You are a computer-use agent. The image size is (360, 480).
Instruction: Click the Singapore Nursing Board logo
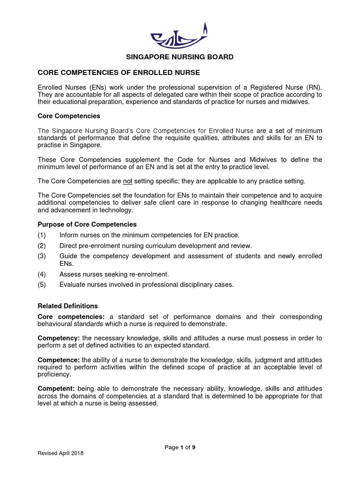pos(179,35)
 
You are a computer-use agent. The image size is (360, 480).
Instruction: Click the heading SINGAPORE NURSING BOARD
pos(180,57)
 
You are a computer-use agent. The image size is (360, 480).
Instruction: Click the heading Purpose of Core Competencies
pos(87,225)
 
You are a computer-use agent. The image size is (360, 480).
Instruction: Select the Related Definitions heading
pos(67,306)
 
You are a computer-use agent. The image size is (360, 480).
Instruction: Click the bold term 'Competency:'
pos(59,338)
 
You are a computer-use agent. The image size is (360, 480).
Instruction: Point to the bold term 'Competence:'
pos(59,360)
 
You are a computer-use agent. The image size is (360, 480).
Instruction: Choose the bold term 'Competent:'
pos(56,389)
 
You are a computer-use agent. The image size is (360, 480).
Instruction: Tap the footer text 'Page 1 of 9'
pos(180,448)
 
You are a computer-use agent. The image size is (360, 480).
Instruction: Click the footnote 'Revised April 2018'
pos(60,454)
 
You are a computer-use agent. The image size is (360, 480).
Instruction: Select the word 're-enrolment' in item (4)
pos(150,274)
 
